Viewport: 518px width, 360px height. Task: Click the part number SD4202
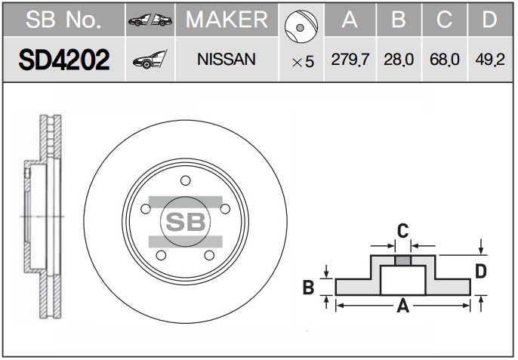[x=64, y=60]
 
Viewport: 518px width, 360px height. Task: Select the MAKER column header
[x=227, y=20]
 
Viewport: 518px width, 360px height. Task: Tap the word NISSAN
[x=227, y=60]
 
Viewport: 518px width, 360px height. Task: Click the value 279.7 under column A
[x=350, y=60]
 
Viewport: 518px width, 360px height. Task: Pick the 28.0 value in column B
[x=399, y=60]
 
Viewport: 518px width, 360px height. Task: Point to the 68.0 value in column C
[x=444, y=60]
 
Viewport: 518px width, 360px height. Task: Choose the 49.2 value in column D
[x=490, y=60]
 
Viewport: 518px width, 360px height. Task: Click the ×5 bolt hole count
[x=303, y=62]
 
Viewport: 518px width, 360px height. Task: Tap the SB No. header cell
[x=63, y=20]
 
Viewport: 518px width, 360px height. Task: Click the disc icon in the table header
[x=301, y=26]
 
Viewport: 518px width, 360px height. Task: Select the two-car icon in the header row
[x=150, y=20]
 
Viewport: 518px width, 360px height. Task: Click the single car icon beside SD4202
[x=150, y=60]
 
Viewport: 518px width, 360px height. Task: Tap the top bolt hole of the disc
[x=185, y=180]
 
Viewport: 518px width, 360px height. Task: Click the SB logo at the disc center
[x=185, y=222]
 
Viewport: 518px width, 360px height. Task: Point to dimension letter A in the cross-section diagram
[x=403, y=306]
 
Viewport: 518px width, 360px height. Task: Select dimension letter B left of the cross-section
[x=309, y=287]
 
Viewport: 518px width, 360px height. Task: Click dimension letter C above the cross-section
[x=402, y=230]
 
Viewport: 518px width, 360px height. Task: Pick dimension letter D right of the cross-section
[x=481, y=272]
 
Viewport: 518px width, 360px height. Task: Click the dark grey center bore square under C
[x=403, y=260]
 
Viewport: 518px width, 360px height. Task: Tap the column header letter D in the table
[x=489, y=20]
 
